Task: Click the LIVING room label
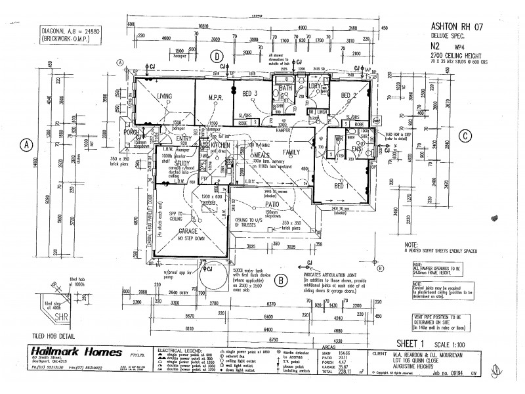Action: (x=164, y=97)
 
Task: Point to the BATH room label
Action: (x=285, y=87)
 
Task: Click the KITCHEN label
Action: (x=220, y=144)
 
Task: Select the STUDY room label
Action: (x=164, y=164)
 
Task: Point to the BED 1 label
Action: (x=340, y=186)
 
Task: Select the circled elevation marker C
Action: (x=465, y=137)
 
